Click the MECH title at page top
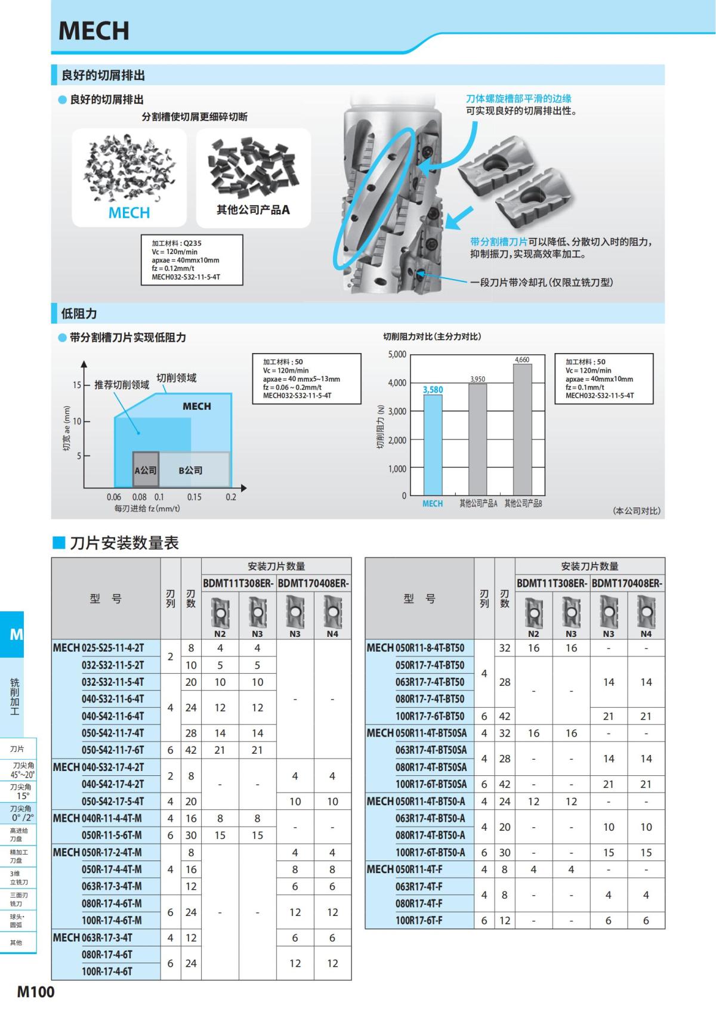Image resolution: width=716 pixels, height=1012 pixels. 94,31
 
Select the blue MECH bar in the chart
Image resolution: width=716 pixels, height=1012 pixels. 433,444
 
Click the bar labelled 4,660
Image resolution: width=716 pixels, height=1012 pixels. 522,429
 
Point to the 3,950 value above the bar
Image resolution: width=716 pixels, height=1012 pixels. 477,379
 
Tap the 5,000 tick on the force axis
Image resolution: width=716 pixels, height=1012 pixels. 397,354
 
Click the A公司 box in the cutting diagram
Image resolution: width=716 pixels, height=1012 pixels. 146,470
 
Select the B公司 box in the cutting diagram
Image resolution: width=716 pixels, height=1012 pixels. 191,470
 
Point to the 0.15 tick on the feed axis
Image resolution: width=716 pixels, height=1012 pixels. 194,497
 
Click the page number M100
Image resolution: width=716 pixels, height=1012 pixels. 36,992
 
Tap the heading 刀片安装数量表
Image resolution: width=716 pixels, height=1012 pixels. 124,543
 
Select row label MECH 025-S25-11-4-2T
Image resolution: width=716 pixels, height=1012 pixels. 98,648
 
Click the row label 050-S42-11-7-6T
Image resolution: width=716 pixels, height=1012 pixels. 113,750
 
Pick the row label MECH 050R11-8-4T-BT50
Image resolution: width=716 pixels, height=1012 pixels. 415,648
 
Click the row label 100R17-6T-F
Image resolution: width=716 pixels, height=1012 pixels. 419,921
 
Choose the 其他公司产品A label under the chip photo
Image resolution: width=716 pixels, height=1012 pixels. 253,210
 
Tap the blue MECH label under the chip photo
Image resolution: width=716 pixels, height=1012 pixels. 129,213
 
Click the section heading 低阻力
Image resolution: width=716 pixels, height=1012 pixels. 79,314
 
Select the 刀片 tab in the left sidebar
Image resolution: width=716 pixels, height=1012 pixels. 17,749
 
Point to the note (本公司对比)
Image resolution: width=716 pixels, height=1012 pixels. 637,511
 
